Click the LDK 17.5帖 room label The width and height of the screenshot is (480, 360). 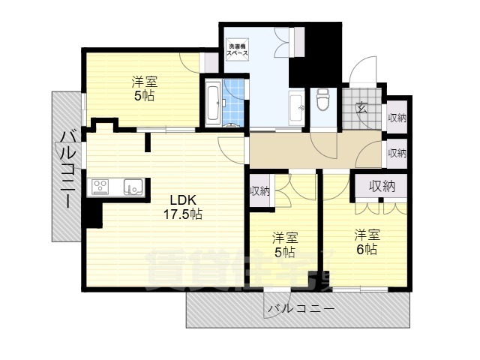[183, 207]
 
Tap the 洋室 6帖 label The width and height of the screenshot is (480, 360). [366, 241]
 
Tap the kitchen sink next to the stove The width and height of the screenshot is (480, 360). [133, 187]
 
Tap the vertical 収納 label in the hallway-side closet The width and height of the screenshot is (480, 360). [259, 191]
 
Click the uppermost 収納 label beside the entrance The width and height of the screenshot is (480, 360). [397, 118]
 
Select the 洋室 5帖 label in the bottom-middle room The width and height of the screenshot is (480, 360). [285, 245]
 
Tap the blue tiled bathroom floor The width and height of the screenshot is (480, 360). [235, 103]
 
